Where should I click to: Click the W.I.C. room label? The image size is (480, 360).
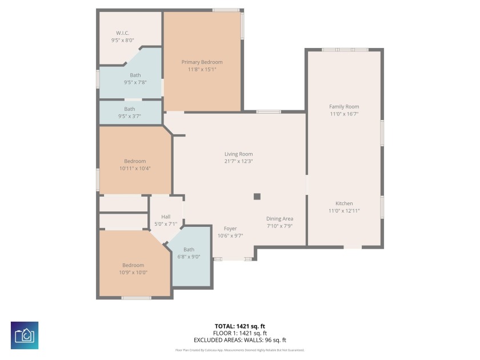click(x=122, y=33)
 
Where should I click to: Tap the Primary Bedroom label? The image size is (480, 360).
click(x=202, y=62)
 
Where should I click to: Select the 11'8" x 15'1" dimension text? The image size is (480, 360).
click(x=202, y=69)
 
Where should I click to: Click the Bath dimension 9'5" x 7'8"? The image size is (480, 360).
click(x=135, y=82)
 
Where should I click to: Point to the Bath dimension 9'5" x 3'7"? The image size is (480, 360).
click(x=130, y=116)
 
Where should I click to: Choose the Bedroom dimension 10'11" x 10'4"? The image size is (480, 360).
click(x=135, y=169)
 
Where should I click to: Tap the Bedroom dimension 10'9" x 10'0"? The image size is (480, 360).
click(x=133, y=272)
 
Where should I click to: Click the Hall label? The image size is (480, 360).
click(x=166, y=217)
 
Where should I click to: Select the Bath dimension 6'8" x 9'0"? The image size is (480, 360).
click(x=189, y=257)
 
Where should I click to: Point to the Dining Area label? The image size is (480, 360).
click(x=279, y=219)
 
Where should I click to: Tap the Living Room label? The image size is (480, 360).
click(x=238, y=154)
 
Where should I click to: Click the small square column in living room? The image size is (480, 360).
click(x=257, y=197)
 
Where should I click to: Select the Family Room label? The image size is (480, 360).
click(x=344, y=107)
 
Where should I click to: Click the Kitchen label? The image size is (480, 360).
click(x=344, y=203)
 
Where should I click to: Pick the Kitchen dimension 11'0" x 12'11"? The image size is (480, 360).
click(x=344, y=211)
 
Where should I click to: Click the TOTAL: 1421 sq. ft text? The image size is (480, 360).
click(x=240, y=326)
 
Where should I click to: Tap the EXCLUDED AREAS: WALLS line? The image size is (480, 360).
click(x=240, y=340)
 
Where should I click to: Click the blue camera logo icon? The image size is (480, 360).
click(x=25, y=335)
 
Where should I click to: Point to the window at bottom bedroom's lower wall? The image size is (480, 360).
click(x=137, y=298)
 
